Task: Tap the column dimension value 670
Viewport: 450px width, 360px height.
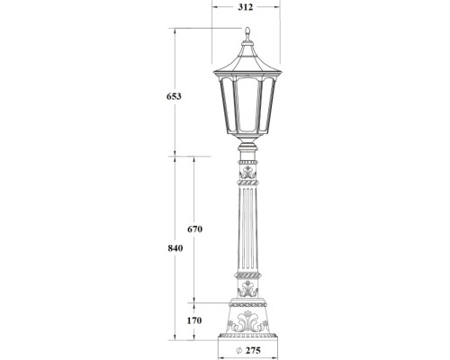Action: click(194, 229)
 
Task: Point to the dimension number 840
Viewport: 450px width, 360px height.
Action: click(163, 248)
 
